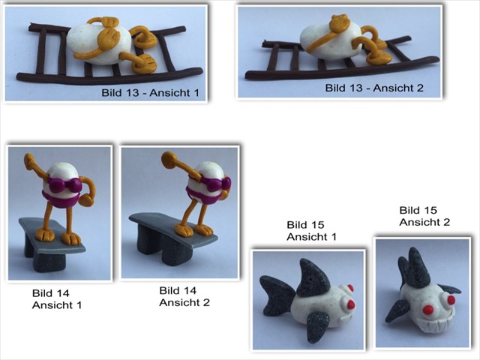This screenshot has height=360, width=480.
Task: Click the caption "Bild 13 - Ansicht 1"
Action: point(150,92)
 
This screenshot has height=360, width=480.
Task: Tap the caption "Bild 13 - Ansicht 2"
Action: point(374,88)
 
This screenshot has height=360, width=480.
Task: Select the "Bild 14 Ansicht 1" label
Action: point(57,299)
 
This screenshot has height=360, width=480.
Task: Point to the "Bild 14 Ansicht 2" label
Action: point(184,296)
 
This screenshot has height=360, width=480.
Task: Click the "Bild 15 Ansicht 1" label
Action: point(312,230)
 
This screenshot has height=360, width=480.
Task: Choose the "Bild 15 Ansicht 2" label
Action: point(424,216)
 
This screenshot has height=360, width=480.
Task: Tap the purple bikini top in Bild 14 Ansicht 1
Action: point(65,186)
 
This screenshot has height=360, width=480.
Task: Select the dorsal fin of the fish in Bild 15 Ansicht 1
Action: point(312,278)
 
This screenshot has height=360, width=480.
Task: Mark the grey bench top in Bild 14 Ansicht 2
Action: point(173,229)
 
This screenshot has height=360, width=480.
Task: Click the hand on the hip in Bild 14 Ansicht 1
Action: point(85,200)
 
